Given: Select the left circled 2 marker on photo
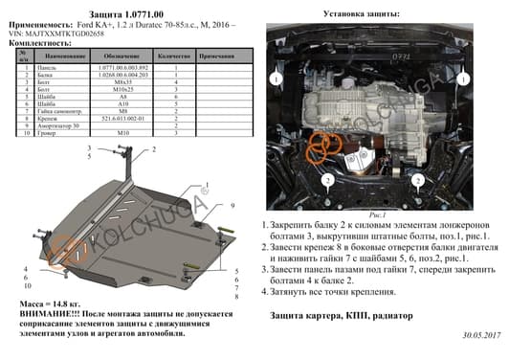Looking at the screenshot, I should (x=325, y=179).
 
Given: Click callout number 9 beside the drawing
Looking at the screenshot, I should (x=231, y=208).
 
